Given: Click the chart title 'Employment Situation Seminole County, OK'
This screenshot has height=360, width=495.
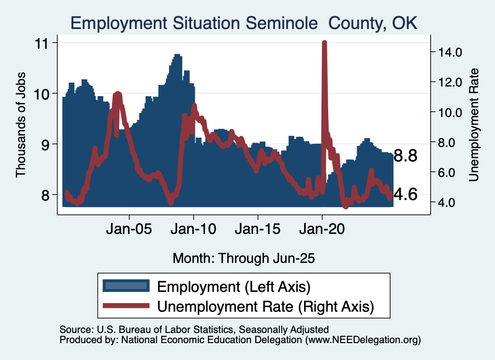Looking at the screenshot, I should pos(244,23).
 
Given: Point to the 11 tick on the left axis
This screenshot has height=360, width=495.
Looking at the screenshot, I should pos(44,43).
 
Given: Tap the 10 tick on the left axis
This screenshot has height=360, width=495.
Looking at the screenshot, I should pos(44,93).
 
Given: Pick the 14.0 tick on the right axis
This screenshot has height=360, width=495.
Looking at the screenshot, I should pos(450,52).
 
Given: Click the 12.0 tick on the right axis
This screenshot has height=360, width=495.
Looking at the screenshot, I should pos(450,82).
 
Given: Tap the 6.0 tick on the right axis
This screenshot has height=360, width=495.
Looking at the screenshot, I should pos(450,172).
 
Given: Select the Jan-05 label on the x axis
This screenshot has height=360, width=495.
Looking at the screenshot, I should pos(130,228).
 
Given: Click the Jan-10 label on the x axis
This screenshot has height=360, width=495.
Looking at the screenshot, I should pos(194,228).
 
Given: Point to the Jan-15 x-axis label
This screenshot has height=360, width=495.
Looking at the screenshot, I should pos(258,228).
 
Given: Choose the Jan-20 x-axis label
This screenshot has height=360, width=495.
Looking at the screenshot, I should pos(322,228).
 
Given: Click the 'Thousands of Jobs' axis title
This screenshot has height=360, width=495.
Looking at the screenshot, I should pos(20,125).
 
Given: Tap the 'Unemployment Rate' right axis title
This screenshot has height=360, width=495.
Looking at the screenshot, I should pos(474,125).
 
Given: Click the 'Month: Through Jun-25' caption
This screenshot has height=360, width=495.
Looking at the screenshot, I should pos(244,258).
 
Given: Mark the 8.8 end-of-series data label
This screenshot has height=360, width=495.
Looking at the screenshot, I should pos(405,156).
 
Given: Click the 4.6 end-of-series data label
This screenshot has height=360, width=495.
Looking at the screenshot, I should pos(405,195).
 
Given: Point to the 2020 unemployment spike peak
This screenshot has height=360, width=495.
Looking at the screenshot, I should pos(324,43).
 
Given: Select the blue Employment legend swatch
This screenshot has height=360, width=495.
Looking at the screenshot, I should pos(125,286).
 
